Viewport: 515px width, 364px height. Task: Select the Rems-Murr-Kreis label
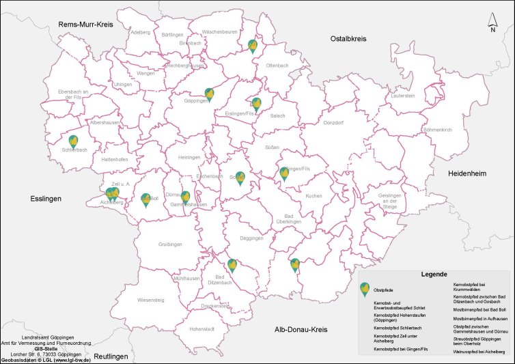(85, 25)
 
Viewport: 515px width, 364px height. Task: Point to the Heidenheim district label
(467, 174)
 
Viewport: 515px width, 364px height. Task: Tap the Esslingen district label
(46, 199)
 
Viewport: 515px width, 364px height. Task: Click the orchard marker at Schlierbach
(73, 141)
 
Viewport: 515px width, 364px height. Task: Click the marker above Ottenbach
(253, 46)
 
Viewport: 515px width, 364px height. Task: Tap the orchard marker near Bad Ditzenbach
(232, 265)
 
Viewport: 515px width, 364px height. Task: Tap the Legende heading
(434, 273)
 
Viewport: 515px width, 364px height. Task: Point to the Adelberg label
(139, 32)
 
